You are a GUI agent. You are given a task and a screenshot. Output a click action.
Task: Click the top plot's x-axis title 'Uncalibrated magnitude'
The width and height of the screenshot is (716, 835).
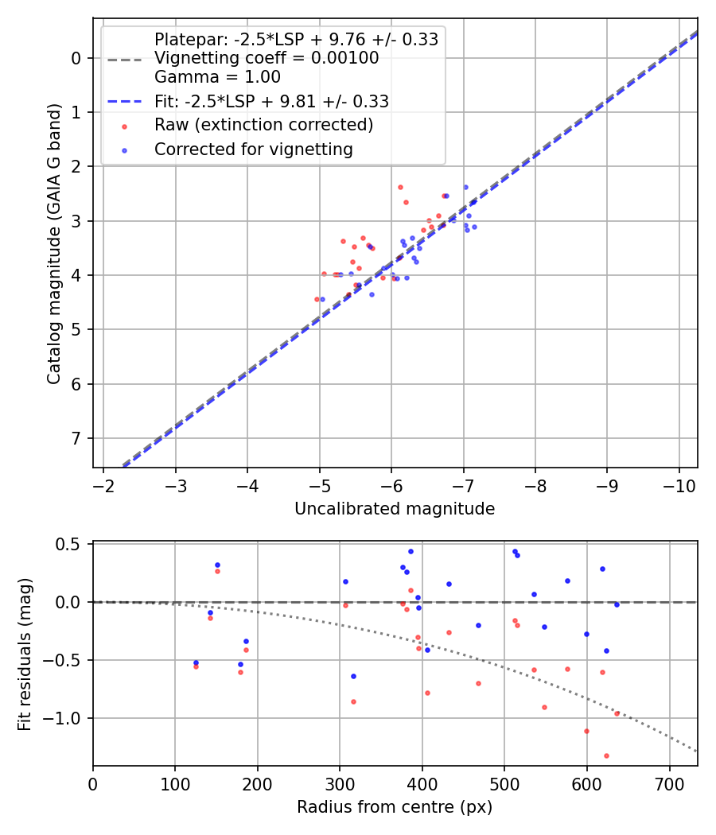pyautogui.click(x=395, y=509)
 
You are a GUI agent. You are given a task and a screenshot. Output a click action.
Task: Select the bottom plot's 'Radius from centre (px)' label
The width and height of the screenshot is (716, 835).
pyautogui.click(x=395, y=807)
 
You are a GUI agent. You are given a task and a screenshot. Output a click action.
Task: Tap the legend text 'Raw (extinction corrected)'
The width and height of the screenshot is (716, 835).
pyautogui.click(x=263, y=125)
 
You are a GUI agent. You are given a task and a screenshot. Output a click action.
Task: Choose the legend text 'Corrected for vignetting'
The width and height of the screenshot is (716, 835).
pyautogui.click(x=254, y=149)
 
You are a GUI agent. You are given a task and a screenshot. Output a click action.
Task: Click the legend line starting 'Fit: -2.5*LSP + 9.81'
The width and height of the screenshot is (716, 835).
pyautogui.click(x=271, y=101)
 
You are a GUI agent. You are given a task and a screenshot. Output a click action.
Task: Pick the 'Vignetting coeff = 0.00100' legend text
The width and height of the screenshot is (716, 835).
pyautogui.click(x=267, y=58)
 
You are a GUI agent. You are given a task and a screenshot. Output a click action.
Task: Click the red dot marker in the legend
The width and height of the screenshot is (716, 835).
pyautogui.click(x=124, y=126)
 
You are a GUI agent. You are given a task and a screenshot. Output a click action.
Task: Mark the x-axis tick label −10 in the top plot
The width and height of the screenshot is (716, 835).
pyautogui.click(x=679, y=485)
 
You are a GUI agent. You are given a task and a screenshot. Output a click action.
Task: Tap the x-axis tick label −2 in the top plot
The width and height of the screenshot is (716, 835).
pyautogui.click(x=103, y=485)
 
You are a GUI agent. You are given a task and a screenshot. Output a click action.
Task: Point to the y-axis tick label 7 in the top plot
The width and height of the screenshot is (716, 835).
pyautogui.click(x=77, y=438)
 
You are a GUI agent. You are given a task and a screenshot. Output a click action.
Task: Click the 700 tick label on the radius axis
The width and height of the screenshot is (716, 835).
pyautogui.click(x=669, y=783)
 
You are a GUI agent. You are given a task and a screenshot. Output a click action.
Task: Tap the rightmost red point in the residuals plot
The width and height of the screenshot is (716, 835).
pyautogui.click(x=617, y=713)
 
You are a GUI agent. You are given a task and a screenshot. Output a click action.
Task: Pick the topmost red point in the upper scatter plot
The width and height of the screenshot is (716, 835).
pyautogui.click(x=400, y=187)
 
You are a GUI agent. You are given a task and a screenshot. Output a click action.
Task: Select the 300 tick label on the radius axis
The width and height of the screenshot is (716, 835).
pyautogui.click(x=340, y=783)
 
